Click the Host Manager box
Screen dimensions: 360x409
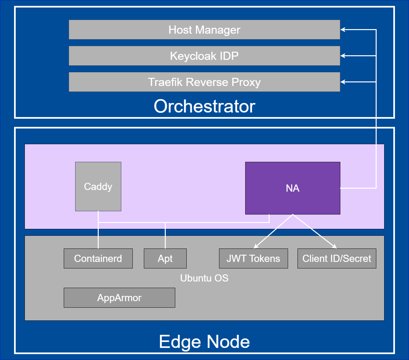pyautogui.click(x=204, y=30)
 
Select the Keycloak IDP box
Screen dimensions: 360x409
pyautogui.click(x=204, y=56)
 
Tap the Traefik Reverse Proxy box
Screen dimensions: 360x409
pyautogui.click(x=204, y=82)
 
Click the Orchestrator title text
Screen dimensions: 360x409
pyautogui.click(x=204, y=106)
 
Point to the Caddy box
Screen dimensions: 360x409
pyautogui.click(x=98, y=186)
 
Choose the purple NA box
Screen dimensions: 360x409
pyautogui.click(x=293, y=188)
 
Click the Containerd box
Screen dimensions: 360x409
pyautogui.click(x=98, y=259)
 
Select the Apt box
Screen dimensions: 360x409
pyautogui.click(x=165, y=259)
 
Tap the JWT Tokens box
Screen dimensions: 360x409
pyautogui.click(x=253, y=259)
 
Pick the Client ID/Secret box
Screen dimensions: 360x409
pyautogui.click(x=337, y=259)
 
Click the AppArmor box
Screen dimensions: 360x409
pyautogui.click(x=119, y=298)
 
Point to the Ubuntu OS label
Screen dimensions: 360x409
pyautogui.click(x=204, y=278)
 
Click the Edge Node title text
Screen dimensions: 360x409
pyautogui.click(x=204, y=342)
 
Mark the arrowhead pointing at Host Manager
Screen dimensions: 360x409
pyautogui.click(x=343, y=30)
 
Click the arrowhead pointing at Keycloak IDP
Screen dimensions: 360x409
pyautogui.click(x=343, y=56)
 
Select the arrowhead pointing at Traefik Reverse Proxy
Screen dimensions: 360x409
pyautogui.click(x=343, y=82)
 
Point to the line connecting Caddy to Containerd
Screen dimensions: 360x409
pyautogui.click(x=98, y=235)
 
